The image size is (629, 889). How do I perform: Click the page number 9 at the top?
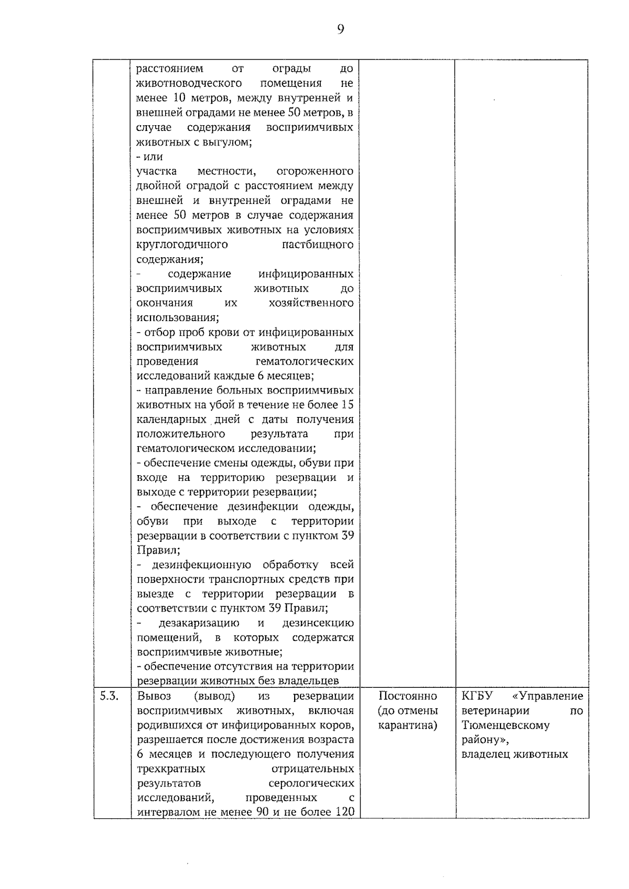[x=340, y=29]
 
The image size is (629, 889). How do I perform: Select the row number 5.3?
[x=109, y=696]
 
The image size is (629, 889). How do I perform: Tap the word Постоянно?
[x=407, y=696]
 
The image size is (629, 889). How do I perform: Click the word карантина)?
[x=407, y=725]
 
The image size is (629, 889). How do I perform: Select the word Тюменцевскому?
[x=505, y=725]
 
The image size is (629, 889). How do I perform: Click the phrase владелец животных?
[x=514, y=754]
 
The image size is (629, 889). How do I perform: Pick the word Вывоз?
[x=150, y=696]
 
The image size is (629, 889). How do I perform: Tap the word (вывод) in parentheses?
[x=214, y=696]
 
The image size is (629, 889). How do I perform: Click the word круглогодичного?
[x=182, y=245]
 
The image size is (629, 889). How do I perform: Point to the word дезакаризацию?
[x=199, y=623]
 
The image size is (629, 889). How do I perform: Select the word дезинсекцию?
[x=318, y=623]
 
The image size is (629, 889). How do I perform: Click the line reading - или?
[x=149, y=157]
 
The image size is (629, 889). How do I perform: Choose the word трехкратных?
[x=171, y=769]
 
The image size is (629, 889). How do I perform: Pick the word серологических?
[x=311, y=783]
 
